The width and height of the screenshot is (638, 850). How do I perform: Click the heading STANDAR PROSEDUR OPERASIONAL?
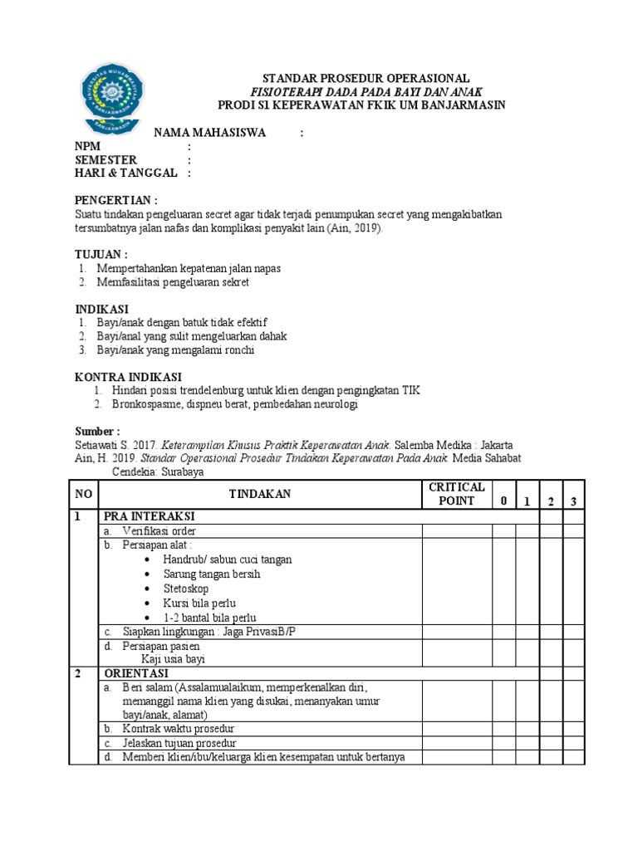coord(366,77)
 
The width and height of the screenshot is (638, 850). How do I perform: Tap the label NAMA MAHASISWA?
coord(208,133)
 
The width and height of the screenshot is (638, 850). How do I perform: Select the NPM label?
coord(87,146)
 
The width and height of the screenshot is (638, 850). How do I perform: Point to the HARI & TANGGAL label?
coord(126,173)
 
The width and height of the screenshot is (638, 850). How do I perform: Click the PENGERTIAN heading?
coord(115,200)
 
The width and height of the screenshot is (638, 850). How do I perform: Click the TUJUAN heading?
coord(101,254)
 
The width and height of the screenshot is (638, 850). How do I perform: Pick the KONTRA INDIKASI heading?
coord(128,377)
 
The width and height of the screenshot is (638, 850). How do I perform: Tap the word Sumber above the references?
coord(97,432)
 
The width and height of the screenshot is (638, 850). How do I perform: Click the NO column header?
coord(84,494)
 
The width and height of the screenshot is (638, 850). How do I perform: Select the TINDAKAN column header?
coord(260,494)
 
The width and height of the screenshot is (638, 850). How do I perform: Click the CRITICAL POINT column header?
coord(456,494)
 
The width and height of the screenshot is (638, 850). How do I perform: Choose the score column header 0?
coord(503,501)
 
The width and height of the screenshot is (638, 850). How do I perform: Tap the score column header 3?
coord(574,501)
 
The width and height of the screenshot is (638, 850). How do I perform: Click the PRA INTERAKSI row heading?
coord(150,516)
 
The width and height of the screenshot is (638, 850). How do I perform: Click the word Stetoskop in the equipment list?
coord(186,589)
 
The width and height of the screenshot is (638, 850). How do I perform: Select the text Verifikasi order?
coord(159,530)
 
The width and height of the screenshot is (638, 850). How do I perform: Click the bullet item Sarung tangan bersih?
coord(212,574)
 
